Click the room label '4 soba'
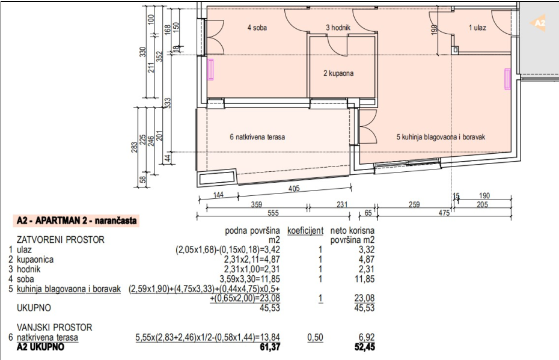click(257, 28)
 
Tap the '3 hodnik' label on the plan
click(338, 28)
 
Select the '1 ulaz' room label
click(477, 28)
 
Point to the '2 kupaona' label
click(338, 73)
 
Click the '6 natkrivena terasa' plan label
click(257, 137)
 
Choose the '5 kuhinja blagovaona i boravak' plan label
click(441, 137)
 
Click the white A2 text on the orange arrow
click(540, 23)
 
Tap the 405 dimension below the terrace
click(294, 189)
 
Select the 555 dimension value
click(273, 213)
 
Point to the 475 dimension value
click(444, 213)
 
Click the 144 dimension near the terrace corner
click(218, 195)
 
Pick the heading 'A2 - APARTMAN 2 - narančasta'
click(77, 221)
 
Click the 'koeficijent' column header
click(305, 231)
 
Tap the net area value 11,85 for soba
click(365, 279)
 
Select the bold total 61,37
click(270, 347)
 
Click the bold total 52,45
click(365, 347)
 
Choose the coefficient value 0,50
click(315, 337)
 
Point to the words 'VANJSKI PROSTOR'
click(55, 327)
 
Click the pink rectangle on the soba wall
click(210, 70)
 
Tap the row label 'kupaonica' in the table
click(35, 260)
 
